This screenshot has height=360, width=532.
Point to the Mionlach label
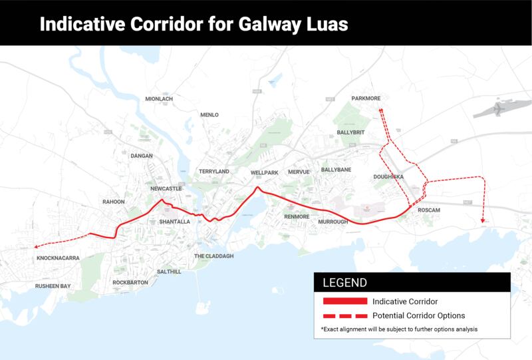159,99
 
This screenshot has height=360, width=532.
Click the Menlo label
209,115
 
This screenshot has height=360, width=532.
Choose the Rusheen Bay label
53,286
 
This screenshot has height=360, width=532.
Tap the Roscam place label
430,210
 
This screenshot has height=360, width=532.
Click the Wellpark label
264,172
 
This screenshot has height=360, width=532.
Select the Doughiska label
390,177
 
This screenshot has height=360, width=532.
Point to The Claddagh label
213,256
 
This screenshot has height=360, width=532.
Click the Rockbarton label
130,282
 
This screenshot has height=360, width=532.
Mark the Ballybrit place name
352,132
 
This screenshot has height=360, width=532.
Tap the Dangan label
142,156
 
